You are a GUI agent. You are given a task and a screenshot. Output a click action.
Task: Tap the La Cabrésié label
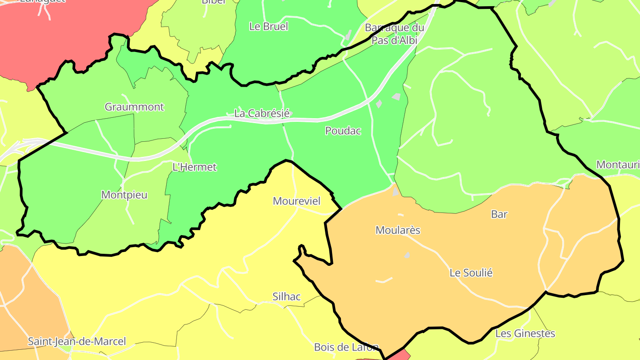coord(262,113)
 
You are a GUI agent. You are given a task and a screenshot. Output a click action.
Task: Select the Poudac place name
coord(343,131)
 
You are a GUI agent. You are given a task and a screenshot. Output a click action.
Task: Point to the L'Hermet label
coord(194,167)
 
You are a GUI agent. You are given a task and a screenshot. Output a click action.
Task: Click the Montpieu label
coord(124,195)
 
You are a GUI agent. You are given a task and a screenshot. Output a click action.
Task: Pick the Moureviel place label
coord(296,201)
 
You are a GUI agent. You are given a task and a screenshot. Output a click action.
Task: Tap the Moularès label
coord(398,230)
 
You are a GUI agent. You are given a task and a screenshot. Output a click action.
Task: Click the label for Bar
coord(499,214)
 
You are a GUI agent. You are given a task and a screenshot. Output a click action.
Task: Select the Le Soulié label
coord(471,272)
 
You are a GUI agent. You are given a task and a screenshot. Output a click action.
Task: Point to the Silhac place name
coord(286,296)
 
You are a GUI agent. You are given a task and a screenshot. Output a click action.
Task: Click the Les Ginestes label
coord(525,333)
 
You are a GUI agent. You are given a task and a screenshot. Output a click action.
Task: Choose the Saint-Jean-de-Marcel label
coord(77,341)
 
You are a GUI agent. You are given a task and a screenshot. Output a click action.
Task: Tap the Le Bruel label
coord(268,26)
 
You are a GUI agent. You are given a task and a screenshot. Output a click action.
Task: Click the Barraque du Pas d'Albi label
coord(394,34)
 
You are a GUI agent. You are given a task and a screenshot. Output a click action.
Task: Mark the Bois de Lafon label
coord(346,347)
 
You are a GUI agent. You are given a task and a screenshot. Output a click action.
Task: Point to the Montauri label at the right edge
coord(617,164)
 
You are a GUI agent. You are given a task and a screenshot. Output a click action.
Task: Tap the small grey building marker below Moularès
coord(407,256)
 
